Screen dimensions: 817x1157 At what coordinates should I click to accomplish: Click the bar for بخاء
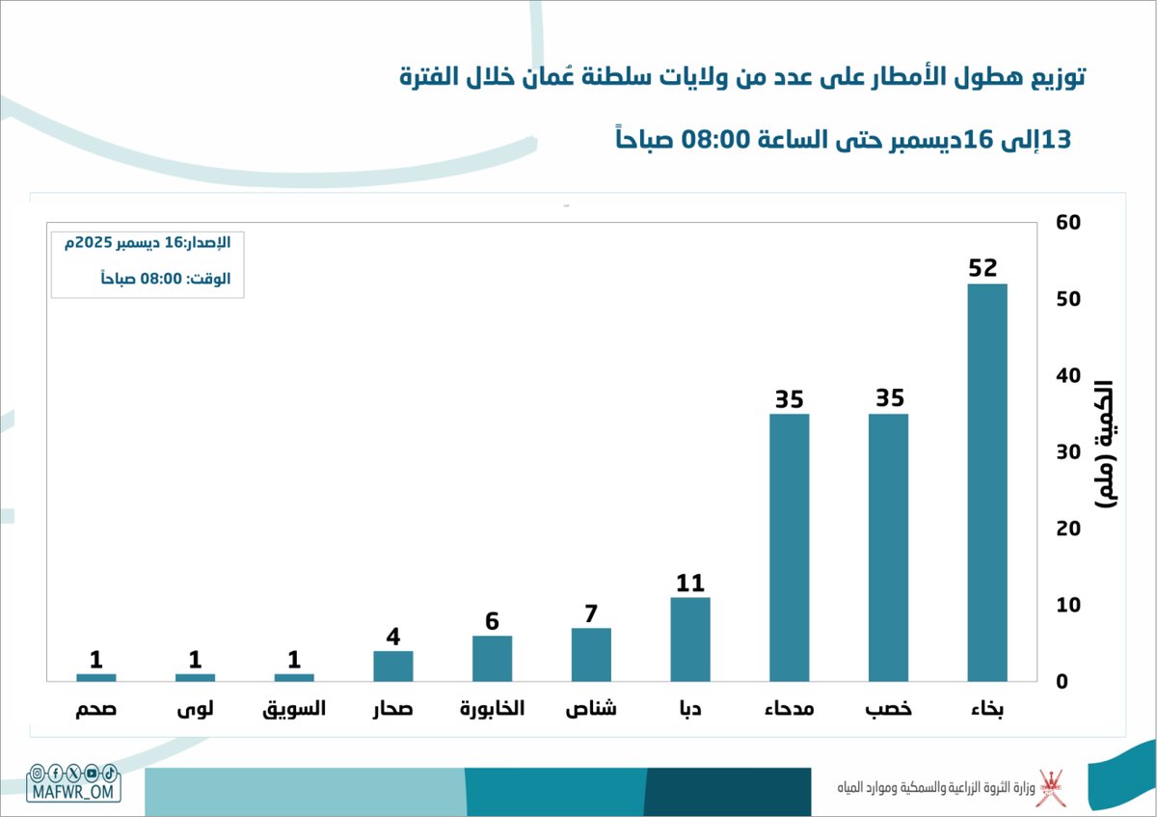point(986,482)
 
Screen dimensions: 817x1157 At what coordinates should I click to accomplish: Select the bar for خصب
point(888,547)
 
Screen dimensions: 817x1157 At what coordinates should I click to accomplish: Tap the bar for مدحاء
point(789,547)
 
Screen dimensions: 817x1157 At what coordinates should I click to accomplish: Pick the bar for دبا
point(690,639)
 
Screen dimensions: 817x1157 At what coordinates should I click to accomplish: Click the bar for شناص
point(591,654)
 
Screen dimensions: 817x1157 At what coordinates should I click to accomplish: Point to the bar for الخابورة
point(492,658)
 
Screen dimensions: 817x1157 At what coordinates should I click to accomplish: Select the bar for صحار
point(393,666)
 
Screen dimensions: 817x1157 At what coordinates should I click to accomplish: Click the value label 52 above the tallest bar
point(982,268)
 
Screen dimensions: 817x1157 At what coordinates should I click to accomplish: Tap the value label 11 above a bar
point(690,583)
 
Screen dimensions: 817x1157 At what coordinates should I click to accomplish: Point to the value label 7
point(591,613)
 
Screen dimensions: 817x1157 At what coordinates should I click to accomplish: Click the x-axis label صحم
point(96,709)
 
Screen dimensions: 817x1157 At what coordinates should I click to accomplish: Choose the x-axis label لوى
point(196,709)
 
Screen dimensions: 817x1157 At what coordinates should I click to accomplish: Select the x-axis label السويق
point(294,709)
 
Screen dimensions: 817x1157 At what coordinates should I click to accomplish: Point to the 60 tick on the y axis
point(1069,223)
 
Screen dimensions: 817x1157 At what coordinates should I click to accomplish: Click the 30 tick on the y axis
point(1069,452)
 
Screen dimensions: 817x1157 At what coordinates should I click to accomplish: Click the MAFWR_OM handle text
point(73,792)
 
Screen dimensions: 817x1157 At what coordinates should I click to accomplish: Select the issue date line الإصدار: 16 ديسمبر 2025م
point(148,243)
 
